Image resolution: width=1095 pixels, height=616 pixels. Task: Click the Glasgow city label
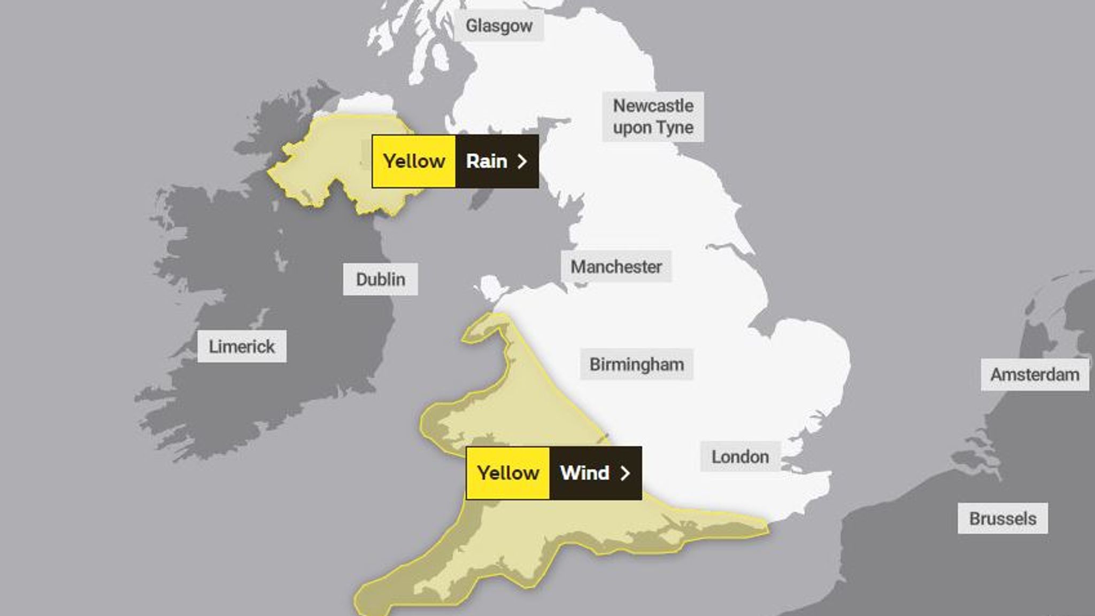(x=499, y=26)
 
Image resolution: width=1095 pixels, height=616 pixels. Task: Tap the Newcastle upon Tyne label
(x=653, y=117)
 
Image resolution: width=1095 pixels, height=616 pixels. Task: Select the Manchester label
(x=616, y=266)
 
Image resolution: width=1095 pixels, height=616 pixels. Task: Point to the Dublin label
(x=380, y=279)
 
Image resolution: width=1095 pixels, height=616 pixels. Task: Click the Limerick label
(x=242, y=346)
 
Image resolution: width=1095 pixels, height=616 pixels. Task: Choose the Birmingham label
(x=636, y=365)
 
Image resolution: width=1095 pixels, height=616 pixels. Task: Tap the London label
(x=740, y=457)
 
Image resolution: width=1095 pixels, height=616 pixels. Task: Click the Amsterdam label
(x=1035, y=374)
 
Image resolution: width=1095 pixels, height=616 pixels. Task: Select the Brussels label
(x=1003, y=518)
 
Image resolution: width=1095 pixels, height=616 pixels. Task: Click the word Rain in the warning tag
(x=486, y=161)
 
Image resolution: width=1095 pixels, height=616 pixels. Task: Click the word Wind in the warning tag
(x=584, y=473)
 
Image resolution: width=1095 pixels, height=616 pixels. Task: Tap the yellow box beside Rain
(x=414, y=161)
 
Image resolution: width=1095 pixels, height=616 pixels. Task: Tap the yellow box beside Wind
(x=508, y=473)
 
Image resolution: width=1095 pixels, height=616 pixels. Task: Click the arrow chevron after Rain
(x=522, y=161)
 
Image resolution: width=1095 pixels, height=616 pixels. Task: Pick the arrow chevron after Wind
(x=625, y=473)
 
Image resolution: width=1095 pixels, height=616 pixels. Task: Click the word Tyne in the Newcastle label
(x=676, y=128)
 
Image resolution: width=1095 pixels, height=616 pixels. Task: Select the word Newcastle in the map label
(x=653, y=106)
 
